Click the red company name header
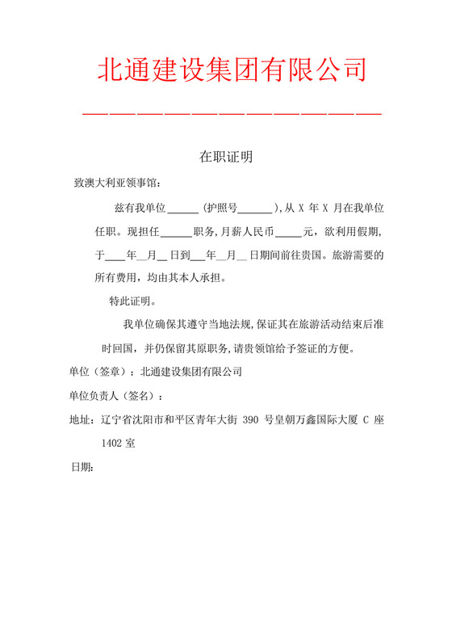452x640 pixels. coord(232,69)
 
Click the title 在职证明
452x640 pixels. coord(226,157)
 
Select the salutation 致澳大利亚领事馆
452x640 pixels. coord(117,183)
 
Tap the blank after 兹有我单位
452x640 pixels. coord(184,208)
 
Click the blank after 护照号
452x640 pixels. coord(256,208)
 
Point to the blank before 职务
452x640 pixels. coord(176,233)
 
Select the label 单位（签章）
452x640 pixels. coord(99,373)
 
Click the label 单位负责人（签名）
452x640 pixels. coord(115,396)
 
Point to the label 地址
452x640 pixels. coord(81,419)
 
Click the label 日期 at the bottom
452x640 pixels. coord(81,467)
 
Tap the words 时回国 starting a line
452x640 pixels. coord(120,349)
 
